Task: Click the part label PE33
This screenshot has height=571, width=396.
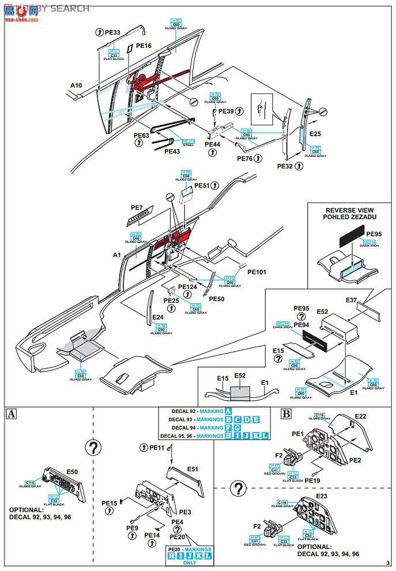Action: point(112,33)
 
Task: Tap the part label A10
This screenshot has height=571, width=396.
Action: point(77,85)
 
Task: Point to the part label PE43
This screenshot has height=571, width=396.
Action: point(172,151)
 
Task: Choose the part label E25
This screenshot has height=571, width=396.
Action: point(315,134)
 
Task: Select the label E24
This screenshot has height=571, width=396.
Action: point(159,317)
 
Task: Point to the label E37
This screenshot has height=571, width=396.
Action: point(352,300)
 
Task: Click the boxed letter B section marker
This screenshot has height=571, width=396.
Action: point(286,413)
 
